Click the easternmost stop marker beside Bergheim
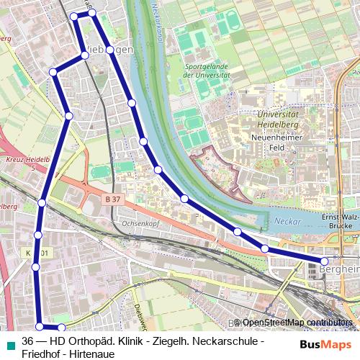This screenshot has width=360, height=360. click(325, 260)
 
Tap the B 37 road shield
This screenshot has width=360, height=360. click(112, 197)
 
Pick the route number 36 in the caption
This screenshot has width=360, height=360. click(28, 341)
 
